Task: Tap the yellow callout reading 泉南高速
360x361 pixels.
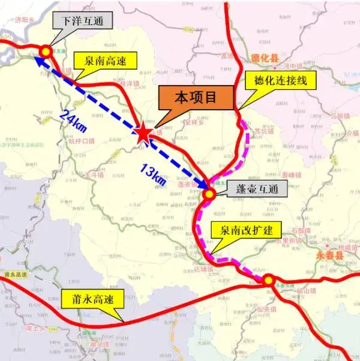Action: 105,59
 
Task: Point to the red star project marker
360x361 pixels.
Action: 144,134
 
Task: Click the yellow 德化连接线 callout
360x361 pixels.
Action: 276,80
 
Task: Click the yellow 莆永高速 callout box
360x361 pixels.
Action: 92,297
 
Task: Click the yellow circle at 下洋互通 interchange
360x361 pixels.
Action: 46,52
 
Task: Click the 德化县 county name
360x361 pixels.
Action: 263,59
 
